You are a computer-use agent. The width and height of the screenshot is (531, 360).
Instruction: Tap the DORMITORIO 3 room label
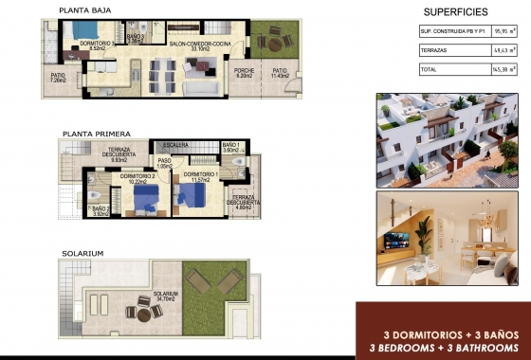point(98,44)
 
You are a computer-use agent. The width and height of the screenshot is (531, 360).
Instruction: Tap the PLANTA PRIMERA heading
point(96,135)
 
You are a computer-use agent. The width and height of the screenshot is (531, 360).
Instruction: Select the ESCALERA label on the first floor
point(176,146)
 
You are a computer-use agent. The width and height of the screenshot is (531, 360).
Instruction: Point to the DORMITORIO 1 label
point(197,176)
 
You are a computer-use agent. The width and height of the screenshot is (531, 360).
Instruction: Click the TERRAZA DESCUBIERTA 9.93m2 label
point(119,154)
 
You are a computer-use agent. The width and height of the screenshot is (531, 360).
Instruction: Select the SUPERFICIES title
point(455,12)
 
